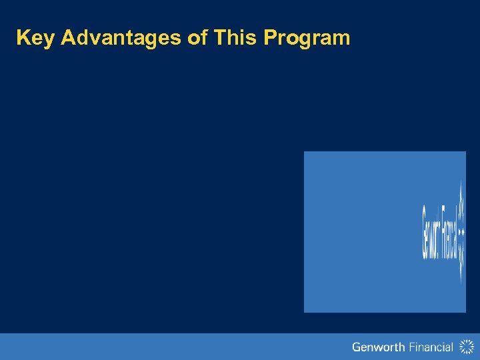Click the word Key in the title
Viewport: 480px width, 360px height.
coord(35,38)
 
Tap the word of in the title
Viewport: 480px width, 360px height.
coord(197,38)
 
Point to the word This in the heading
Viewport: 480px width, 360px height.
coord(236,38)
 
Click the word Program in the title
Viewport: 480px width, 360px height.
coord(307,38)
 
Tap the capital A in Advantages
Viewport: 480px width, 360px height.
coord(68,38)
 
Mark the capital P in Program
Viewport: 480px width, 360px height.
coord(270,38)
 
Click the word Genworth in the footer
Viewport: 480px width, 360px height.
coord(378,347)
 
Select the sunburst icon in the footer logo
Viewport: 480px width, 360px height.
coord(465,347)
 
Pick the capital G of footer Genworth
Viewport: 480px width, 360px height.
coord(357,347)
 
